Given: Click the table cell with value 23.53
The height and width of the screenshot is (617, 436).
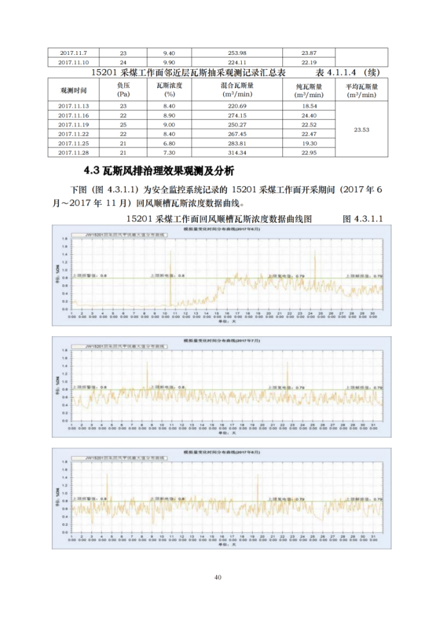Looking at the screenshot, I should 362,130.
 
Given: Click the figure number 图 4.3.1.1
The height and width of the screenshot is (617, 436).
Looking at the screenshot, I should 363,218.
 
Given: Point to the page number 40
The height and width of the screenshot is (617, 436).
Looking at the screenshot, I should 218,578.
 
